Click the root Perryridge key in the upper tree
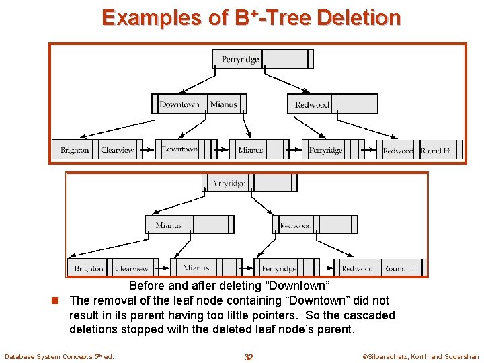point(240,59)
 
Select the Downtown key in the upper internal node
point(179,104)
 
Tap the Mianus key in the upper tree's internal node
point(223,104)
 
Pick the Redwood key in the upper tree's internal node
point(312,104)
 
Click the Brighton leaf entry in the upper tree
point(75,150)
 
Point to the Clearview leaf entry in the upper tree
point(117,150)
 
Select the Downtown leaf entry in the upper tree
point(179,149)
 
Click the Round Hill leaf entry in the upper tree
point(438,151)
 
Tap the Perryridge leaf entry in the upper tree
point(325,151)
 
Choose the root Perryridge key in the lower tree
point(228,182)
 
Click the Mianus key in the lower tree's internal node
point(169,225)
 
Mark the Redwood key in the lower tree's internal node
point(296,225)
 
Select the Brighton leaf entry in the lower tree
point(89,268)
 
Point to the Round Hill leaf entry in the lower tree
point(401,268)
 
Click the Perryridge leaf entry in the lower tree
point(279,268)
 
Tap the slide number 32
point(249,357)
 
